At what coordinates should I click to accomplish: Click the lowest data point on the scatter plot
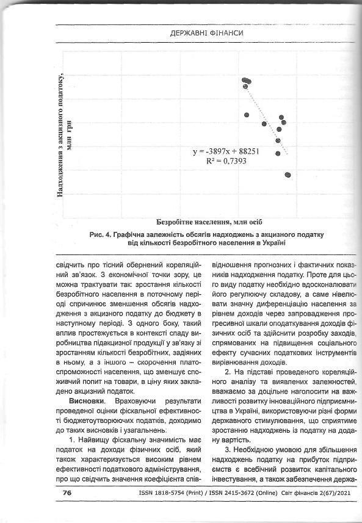click(288, 175)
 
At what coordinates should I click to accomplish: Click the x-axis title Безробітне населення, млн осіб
click(209, 221)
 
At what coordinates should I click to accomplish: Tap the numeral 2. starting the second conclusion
click(228, 373)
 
